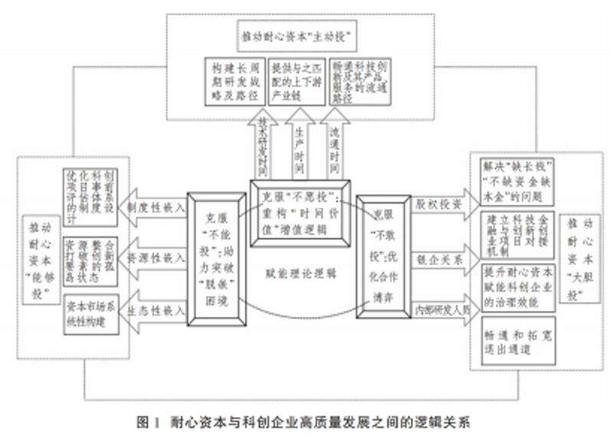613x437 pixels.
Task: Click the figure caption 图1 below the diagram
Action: pos(306,421)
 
